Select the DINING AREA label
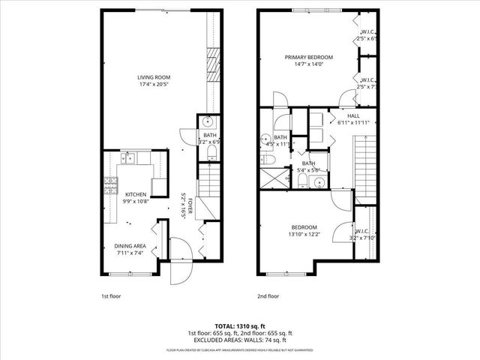coord(130,246)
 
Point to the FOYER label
coord(190,206)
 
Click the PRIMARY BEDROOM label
coord(308,57)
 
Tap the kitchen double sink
coord(130,158)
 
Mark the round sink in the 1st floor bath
coord(208,124)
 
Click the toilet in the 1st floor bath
coord(212,154)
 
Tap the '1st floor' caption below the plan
coord(111,295)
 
